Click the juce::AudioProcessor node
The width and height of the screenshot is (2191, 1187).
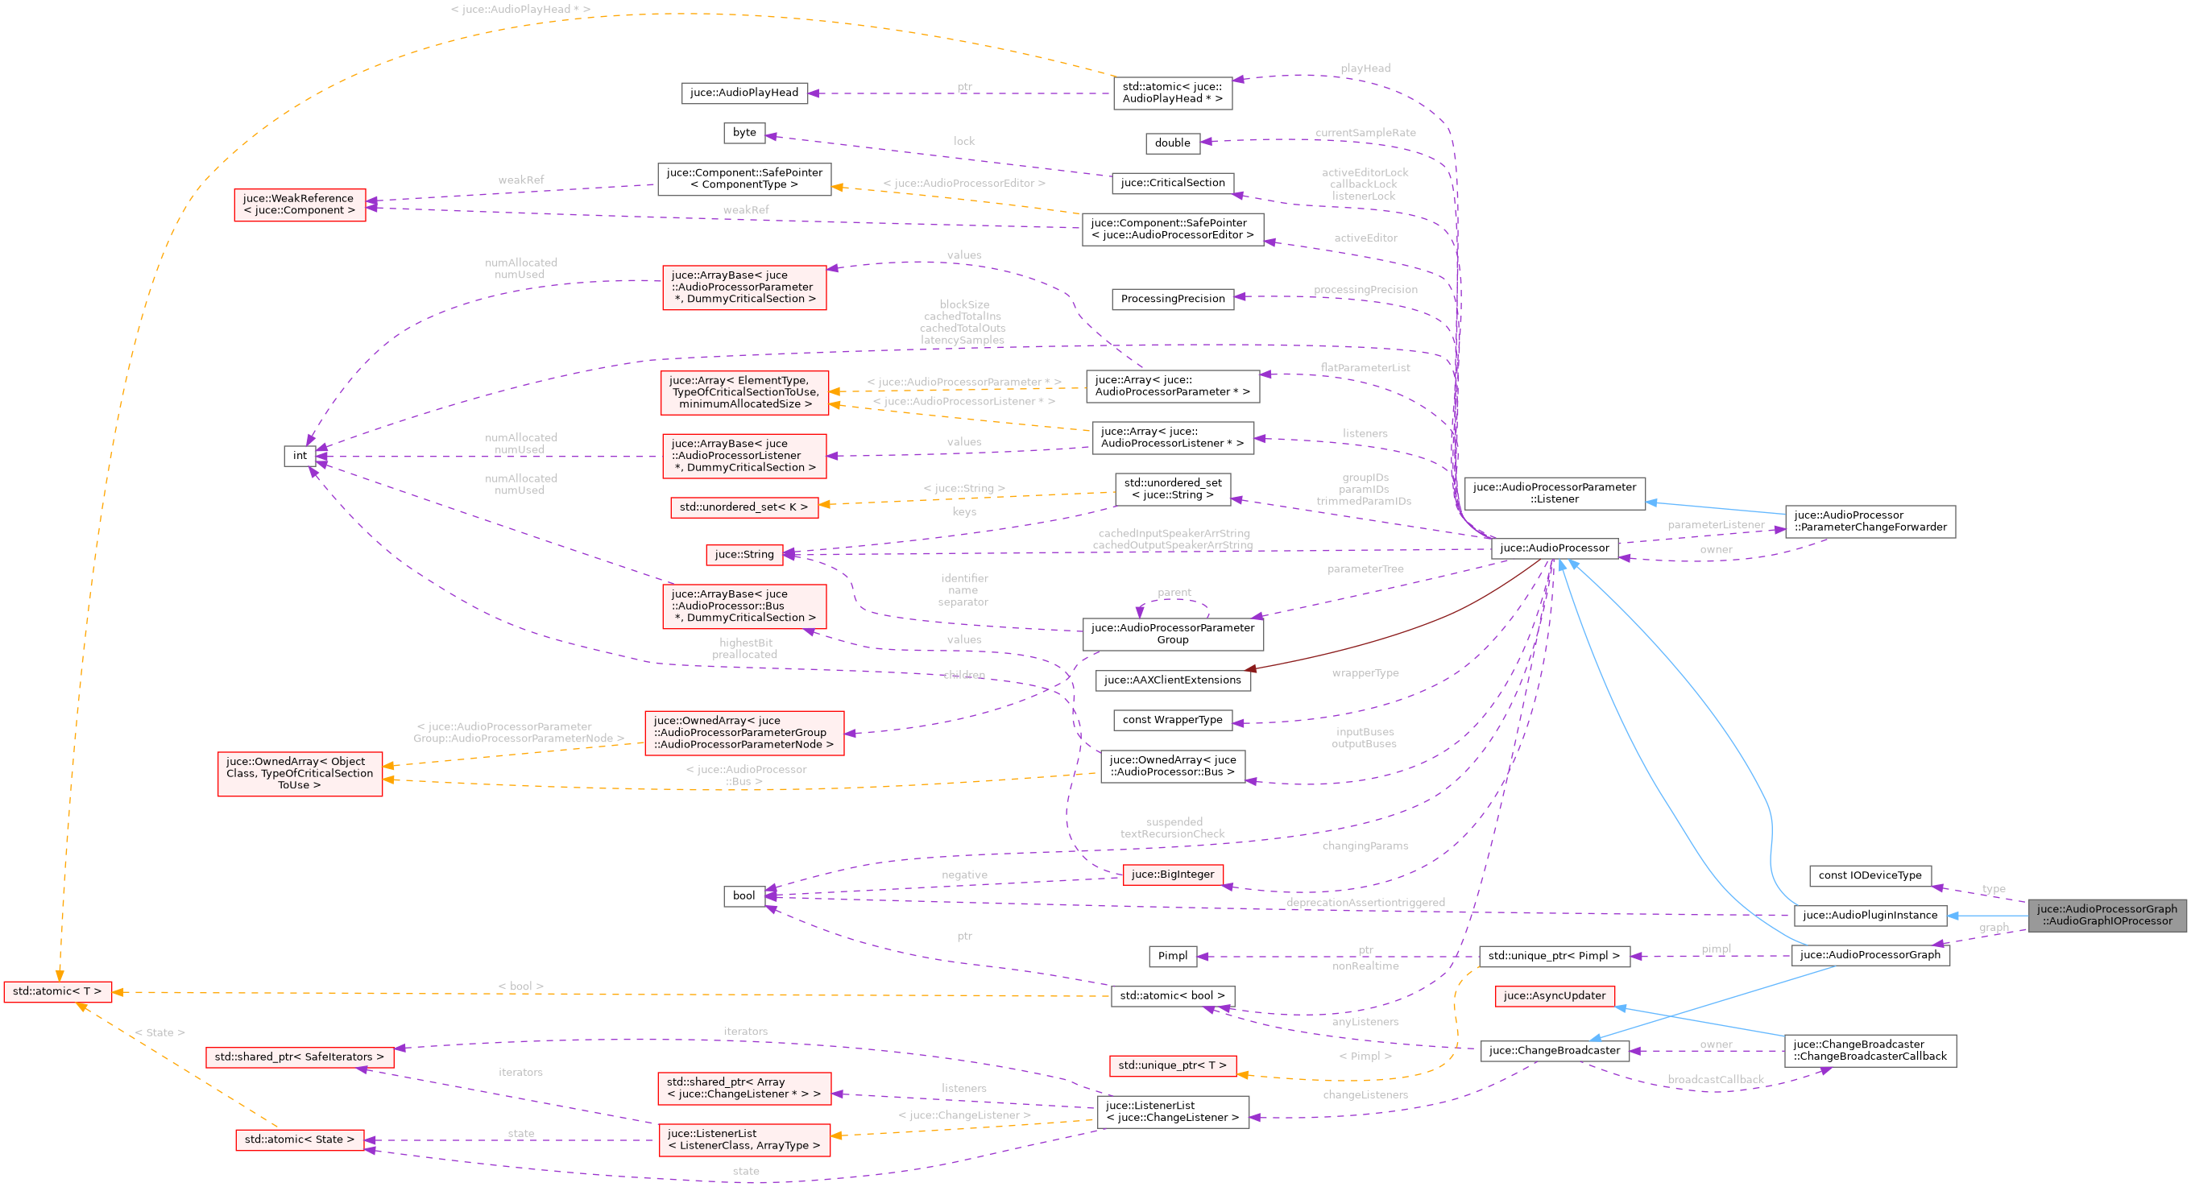click(1554, 548)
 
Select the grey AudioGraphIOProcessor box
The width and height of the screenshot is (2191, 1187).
click(2106, 915)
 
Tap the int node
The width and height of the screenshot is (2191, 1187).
click(300, 456)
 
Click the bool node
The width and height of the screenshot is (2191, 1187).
click(743, 895)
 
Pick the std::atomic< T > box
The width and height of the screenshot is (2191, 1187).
click(57, 991)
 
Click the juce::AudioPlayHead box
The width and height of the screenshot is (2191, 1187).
click(743, 93)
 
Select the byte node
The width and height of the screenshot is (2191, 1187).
click(744, 133)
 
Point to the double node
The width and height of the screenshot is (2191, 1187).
click(1172, 143)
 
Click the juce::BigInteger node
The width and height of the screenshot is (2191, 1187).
click(1172, 874)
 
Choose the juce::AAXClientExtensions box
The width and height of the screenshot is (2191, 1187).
click(1172, 680)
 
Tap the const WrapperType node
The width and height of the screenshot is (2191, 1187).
click(1172, 720)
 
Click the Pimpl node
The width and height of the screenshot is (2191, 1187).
click(1172, 956)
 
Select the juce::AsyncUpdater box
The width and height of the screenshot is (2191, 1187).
click(1554, 995)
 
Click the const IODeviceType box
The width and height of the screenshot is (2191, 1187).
click(1870, 875)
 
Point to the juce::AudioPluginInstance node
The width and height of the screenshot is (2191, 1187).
click(1870, 915)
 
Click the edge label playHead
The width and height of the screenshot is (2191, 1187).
click(1365, 68)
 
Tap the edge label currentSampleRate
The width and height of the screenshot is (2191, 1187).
click(1365, 133)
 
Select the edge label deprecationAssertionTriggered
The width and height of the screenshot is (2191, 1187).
click(1365, 902)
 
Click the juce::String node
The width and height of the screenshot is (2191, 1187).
click(743, 554)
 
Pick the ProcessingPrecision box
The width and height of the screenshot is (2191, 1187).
click(1172, 299)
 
